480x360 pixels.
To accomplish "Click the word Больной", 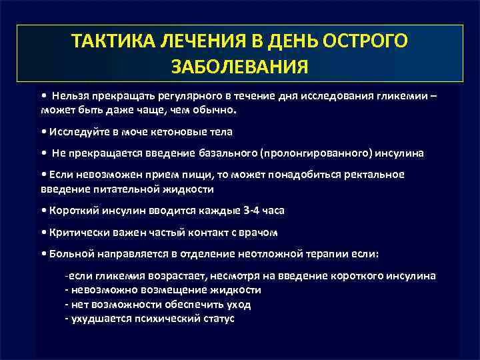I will coord(67,254).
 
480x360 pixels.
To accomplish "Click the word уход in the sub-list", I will coord(238,304).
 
